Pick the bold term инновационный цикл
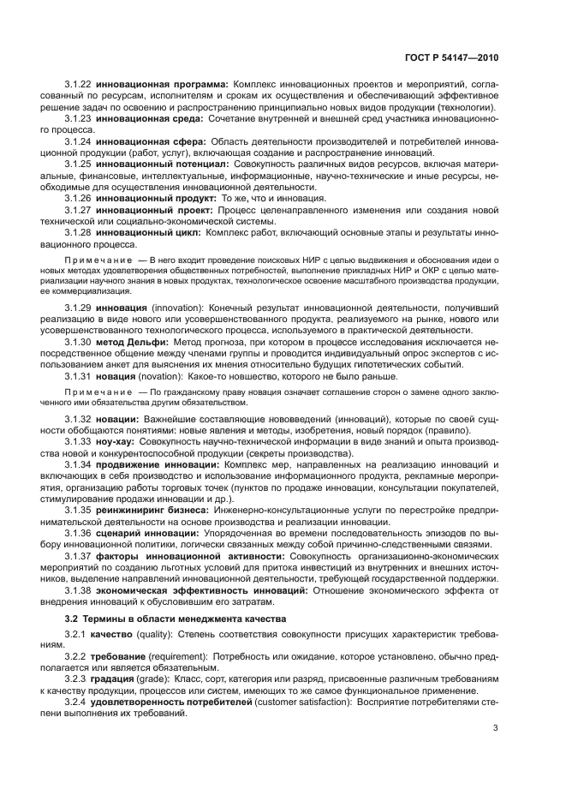(148, 231)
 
